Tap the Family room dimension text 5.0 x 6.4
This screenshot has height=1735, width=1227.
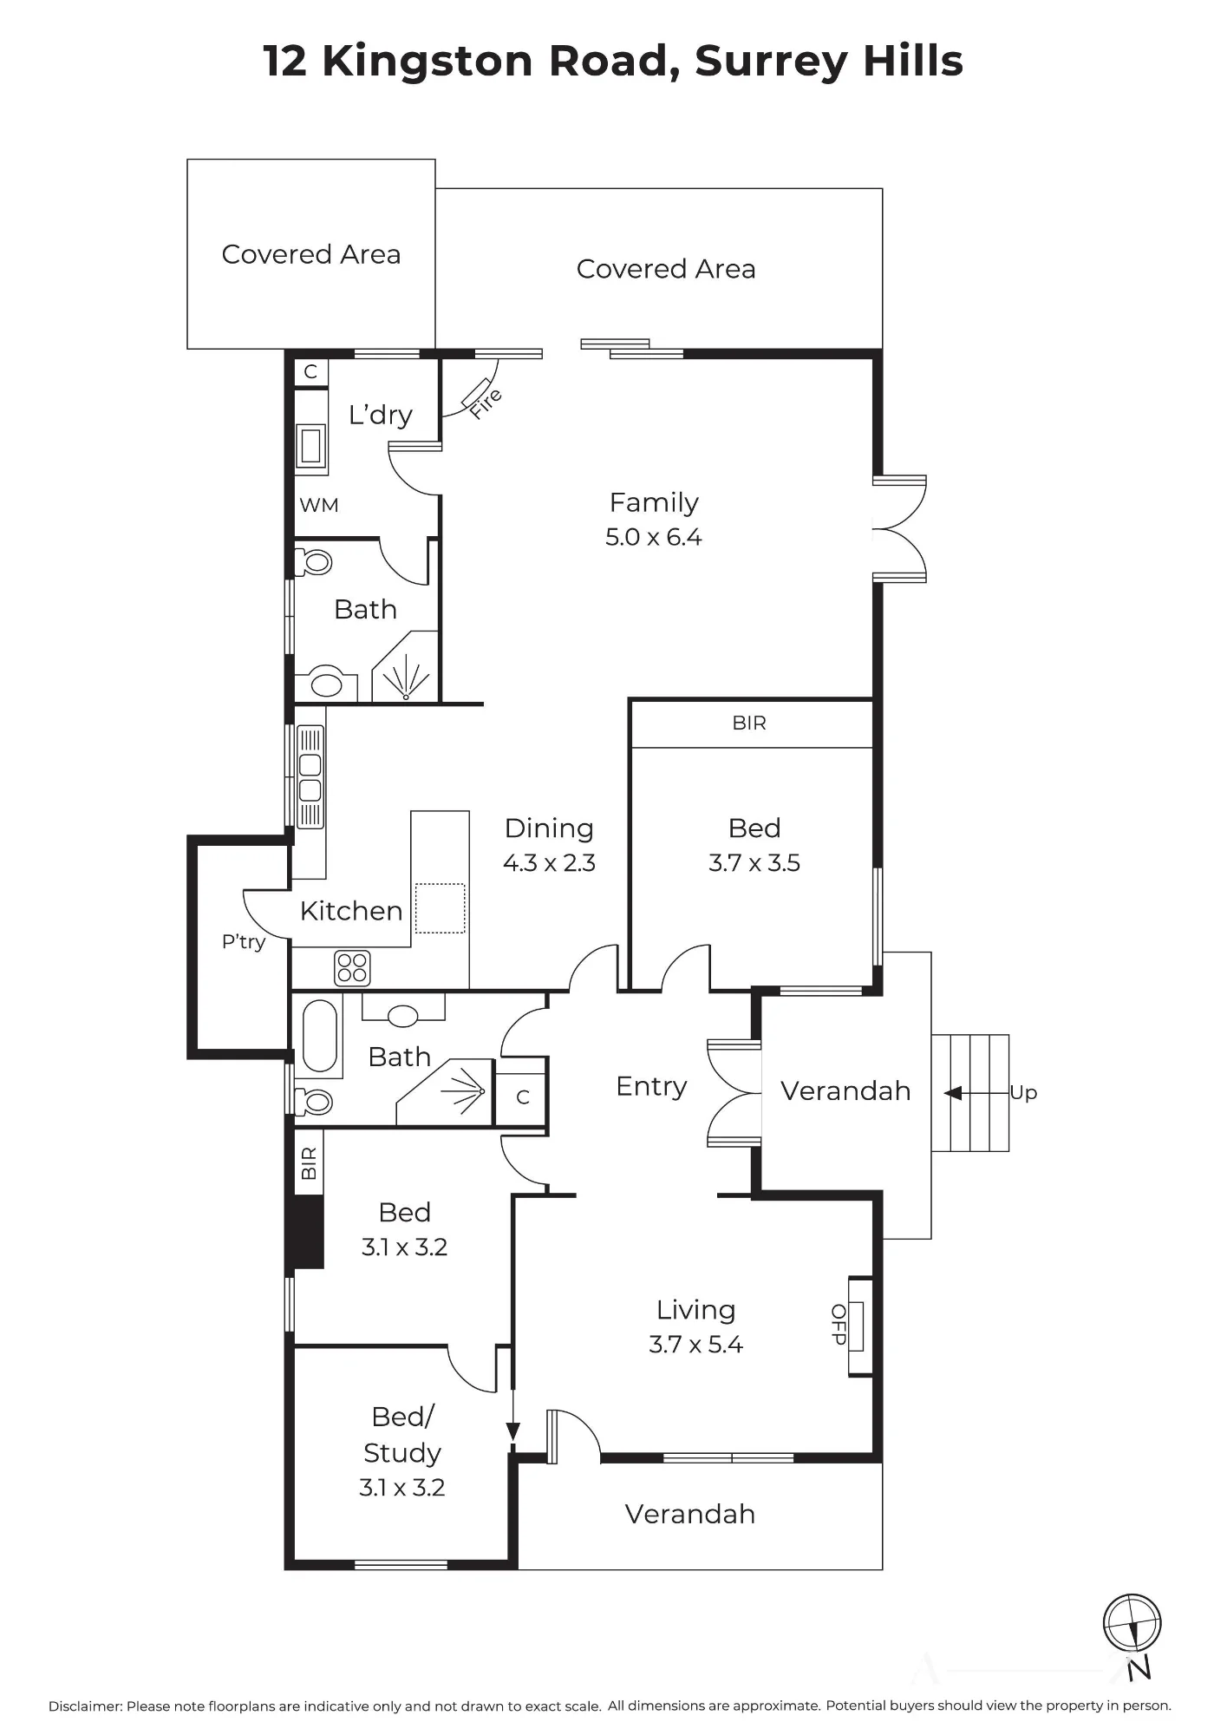click(654, 538)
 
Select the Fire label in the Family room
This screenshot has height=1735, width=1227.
click(486, 404)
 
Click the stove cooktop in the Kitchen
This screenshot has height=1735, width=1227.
click(352, 969)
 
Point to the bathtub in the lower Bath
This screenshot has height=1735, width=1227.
click(319, 1037)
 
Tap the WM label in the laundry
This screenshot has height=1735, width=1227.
click(319, 505)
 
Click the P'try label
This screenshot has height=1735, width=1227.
click(244, 942)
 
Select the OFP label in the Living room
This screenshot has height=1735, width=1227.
click(839, 1325)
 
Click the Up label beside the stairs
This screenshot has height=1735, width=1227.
click(1023, 1093)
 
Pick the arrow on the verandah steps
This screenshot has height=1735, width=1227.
click(976, 1093)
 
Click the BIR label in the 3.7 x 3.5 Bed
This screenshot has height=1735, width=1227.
click(749, 723)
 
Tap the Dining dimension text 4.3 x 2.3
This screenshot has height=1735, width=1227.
click(549, 863)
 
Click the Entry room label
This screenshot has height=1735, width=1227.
click(651, 1087)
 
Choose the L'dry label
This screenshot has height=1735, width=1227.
click(380, 415)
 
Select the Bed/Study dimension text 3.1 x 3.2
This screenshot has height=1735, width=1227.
click(402, 1488)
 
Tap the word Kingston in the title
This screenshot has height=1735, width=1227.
click(427, 62)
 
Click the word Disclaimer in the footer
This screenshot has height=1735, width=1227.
click(85, 1706)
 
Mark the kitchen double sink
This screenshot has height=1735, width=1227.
click(310, 778)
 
